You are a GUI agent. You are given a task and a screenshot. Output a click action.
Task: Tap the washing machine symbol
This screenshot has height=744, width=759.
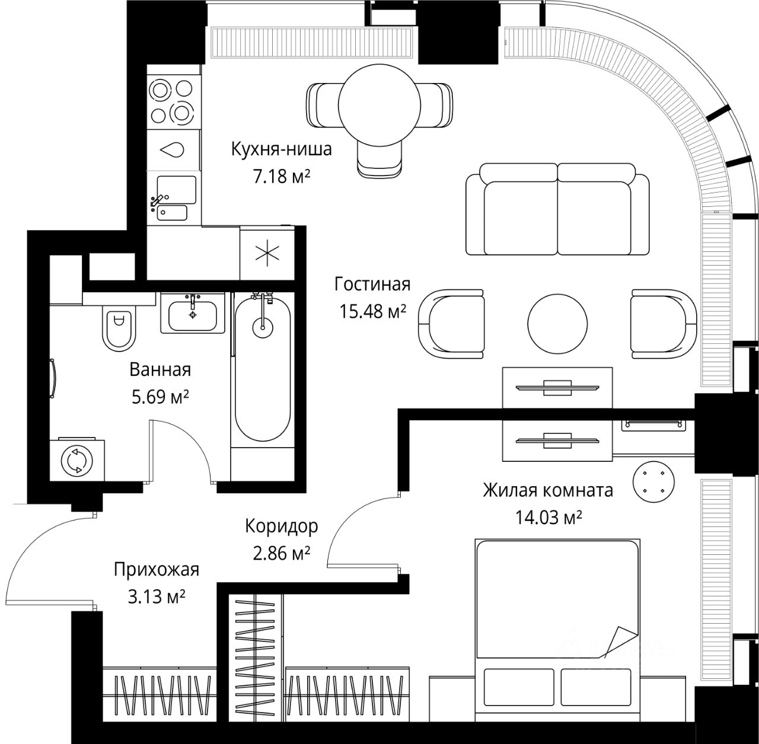coord(77,459)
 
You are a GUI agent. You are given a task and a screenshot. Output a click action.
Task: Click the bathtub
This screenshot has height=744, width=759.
coord(263,369)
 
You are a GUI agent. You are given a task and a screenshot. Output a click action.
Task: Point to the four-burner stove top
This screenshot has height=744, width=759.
coord(172,101)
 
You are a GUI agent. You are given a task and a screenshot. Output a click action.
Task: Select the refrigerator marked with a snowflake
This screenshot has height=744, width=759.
coord(267,253)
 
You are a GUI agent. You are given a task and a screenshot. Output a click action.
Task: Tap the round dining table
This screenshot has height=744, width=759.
coord(379,106)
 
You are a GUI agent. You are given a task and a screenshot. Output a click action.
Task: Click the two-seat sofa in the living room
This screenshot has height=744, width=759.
coord(557,209)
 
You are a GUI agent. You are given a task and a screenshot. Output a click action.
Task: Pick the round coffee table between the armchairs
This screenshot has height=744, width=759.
coord(557,324)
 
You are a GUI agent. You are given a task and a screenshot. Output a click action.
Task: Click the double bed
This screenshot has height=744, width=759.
coord(557,630)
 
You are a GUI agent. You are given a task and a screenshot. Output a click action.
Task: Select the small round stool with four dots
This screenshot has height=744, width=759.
coord(653,482)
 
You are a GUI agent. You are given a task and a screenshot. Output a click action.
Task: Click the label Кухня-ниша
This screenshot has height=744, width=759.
coord(281,149)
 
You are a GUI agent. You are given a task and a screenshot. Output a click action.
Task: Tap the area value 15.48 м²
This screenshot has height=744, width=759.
coord(372,311)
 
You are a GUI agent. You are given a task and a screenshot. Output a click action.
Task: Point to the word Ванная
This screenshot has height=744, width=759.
coord(160,369)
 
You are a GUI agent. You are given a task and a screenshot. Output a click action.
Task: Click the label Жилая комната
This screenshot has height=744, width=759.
coord(548,490)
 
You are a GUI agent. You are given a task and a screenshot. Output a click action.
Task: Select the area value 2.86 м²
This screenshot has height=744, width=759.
coord(281,553)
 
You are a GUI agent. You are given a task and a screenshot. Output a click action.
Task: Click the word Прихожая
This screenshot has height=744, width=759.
coord(157,570)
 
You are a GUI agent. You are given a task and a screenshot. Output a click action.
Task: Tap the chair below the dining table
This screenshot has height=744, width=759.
coord(379,158)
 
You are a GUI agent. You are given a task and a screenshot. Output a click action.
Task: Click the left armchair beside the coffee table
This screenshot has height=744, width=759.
coord(451,324)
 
